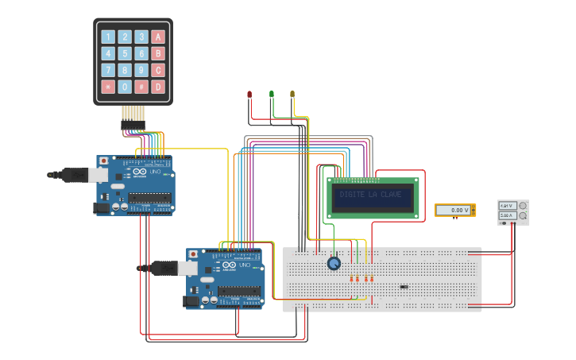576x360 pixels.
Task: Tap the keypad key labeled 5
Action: (125, 53)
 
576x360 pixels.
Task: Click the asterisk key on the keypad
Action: (108, 87)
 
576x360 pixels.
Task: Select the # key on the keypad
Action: (141, 87)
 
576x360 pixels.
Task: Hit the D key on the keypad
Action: (158, 87)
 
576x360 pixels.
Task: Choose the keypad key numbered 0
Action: (125, 87)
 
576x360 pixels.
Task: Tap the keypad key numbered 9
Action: (141, 70)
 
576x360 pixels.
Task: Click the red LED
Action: (249, 95)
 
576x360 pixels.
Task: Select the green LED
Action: (271, 95)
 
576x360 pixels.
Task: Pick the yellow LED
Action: (292, 95)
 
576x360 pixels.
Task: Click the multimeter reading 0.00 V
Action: (454, 211)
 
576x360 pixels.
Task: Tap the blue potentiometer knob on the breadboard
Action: (334, 263)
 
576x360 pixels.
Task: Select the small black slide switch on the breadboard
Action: (404, 287)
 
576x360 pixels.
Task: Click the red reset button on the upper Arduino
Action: (103, 161)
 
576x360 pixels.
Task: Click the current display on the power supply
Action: (506, 215)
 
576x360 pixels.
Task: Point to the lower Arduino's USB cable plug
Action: (163, 269)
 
